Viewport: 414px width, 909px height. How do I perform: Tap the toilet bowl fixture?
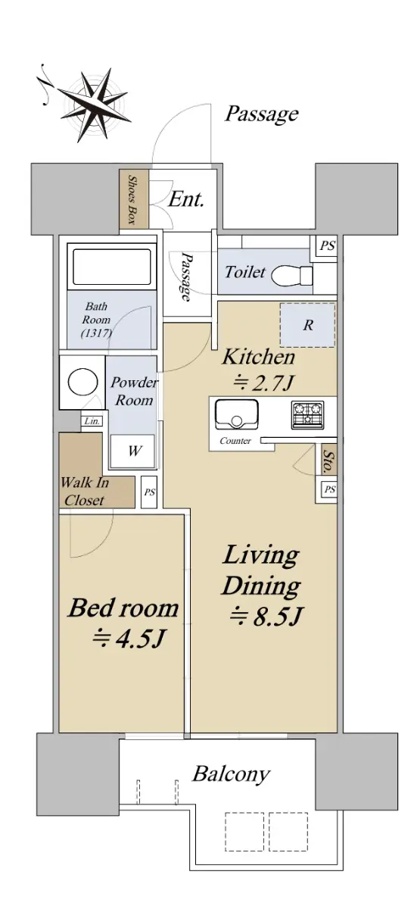point(291,276)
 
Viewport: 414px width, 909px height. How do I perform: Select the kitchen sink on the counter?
point(237,414)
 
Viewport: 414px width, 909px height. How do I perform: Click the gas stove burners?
point(307,415)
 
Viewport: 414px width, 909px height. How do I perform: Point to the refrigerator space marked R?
point(308,325)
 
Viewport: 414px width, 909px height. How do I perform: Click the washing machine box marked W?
point(133,451)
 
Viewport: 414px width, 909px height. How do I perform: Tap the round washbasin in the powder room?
point(82,382)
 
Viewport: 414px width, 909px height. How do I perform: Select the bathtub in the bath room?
point(112,267)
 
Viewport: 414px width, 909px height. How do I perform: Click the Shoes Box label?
point(132,199)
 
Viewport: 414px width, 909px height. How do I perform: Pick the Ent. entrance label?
point(185,199)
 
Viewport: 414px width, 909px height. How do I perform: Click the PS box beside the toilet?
point(327,245)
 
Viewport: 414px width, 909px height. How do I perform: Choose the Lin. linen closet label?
point(92,421)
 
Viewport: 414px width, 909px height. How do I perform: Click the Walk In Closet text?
point(84,492)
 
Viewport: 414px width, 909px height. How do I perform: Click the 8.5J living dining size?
point(266,616)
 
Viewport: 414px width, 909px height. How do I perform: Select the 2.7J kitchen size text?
point(263,382)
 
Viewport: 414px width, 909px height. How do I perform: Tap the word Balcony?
point(231,773)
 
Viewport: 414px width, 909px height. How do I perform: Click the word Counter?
point(235,440)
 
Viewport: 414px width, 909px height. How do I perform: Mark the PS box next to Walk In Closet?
point(149,492)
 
